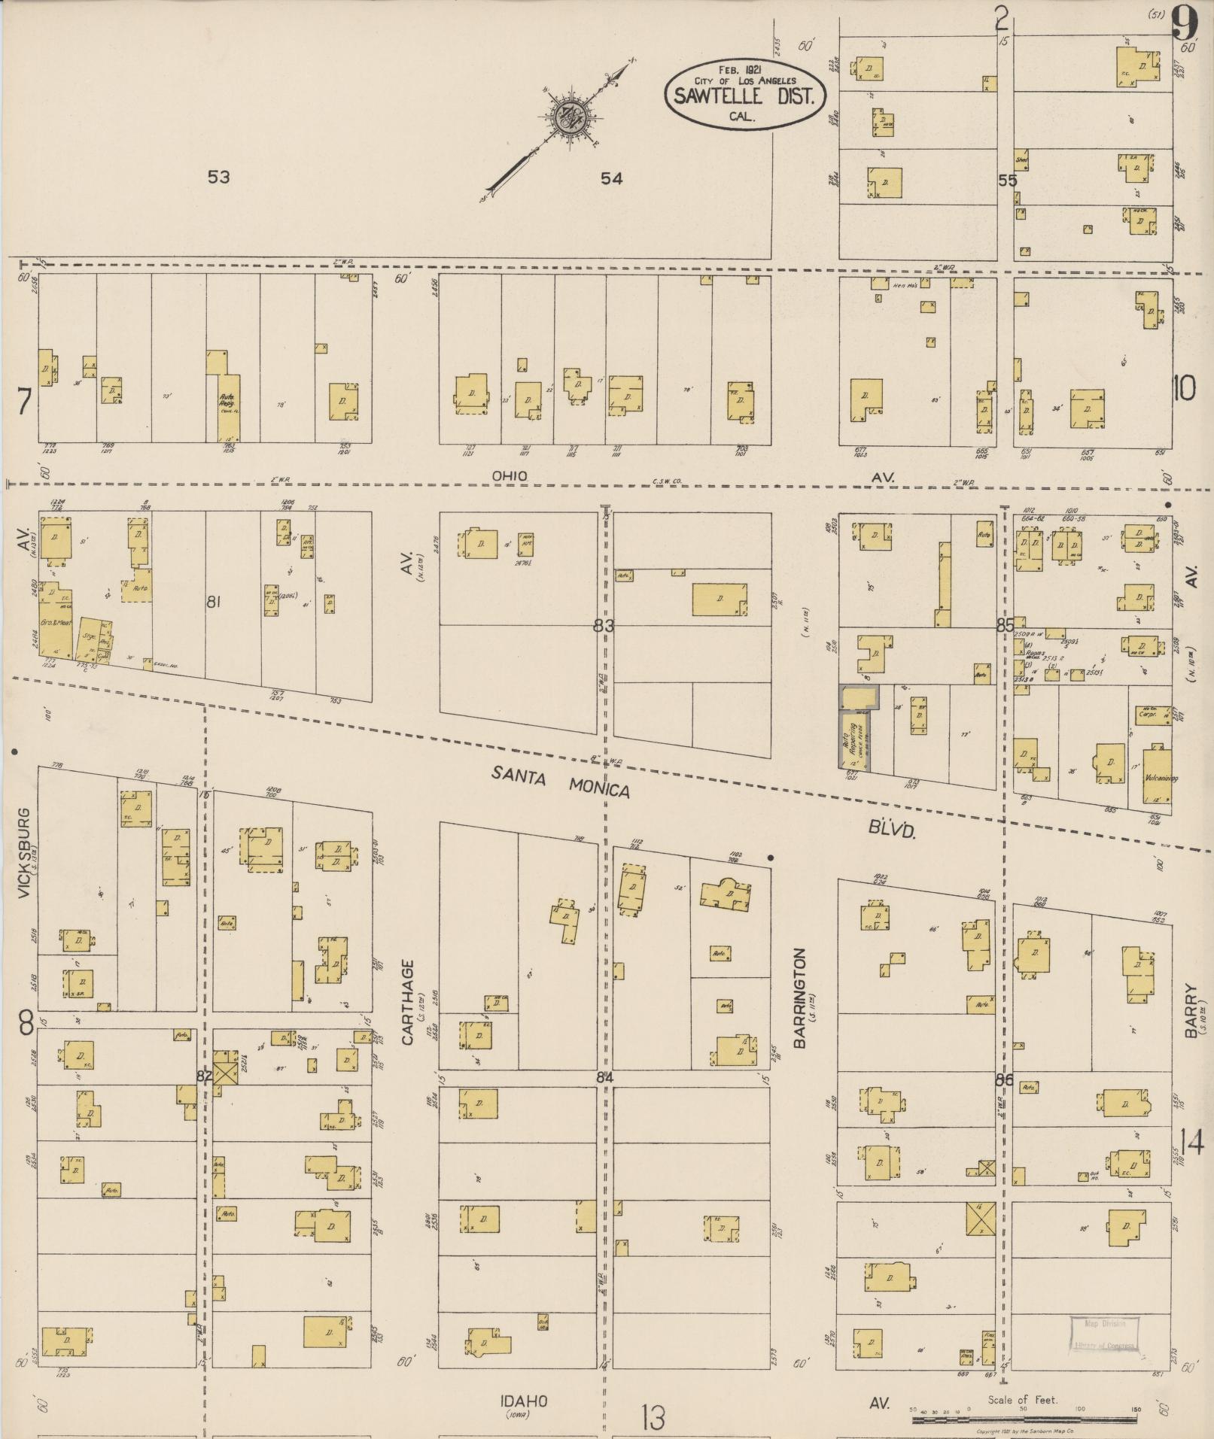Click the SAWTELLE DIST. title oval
point(745,95)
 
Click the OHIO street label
point(509,476)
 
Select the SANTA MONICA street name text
point(561,781)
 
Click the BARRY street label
point(1191,1011)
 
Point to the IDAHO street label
point(525,1401)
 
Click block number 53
point(218,178)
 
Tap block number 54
point(612,178)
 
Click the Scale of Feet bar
point(1024,1420)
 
